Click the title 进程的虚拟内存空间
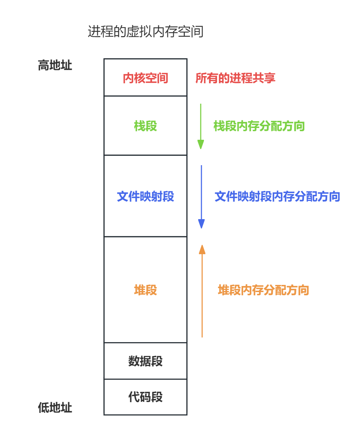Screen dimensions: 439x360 click(146, 32)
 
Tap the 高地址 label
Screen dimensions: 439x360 click(55, 65)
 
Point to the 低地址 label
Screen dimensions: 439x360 click(55, 408)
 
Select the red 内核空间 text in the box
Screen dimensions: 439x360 click(145, 78)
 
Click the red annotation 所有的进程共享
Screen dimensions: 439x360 click(235, 78)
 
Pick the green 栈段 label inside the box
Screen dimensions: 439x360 click(145, 126)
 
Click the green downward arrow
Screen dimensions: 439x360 click(201, 125)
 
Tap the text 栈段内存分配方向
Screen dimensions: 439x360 click(259, 126)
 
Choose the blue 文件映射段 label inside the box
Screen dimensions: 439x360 click(145, 196)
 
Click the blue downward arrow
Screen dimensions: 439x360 click(201, 195)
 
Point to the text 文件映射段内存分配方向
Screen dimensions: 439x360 click(277, 196)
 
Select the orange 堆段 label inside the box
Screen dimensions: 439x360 click(145, 290)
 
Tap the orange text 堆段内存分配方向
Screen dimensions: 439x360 click(263, 290)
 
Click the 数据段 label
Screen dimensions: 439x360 click(145, 361)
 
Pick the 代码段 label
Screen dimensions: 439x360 click(145, 397)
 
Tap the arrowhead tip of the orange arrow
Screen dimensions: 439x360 click(202, 246)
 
